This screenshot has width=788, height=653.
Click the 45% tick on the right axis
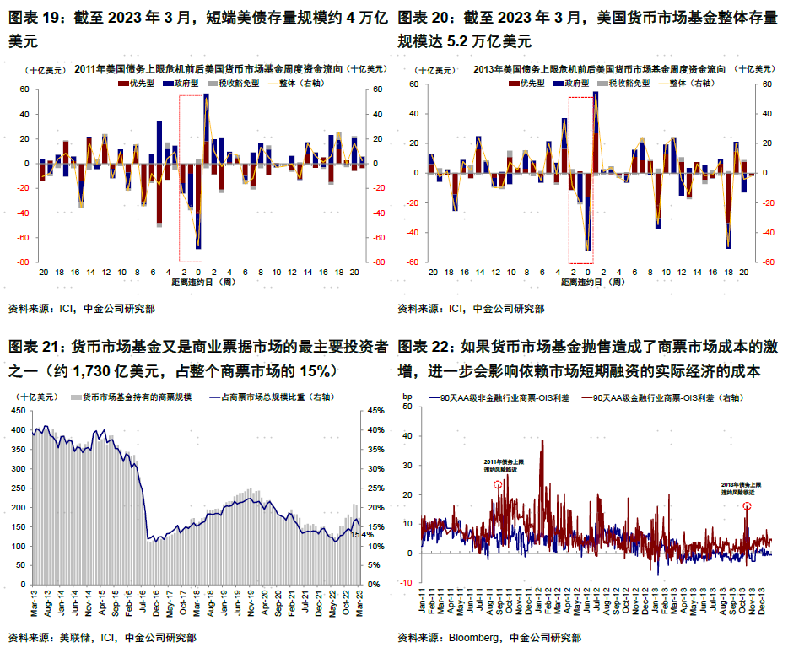(374, 411)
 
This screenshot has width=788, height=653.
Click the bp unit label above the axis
(407, 396)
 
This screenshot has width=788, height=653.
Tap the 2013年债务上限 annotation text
(741, 485)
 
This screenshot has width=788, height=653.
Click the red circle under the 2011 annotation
(498, 485)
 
